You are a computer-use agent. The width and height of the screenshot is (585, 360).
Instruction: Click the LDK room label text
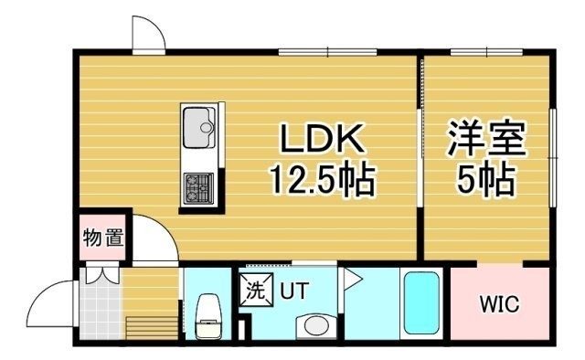click(323, 138)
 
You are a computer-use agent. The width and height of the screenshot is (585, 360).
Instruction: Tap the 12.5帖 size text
click(323, 179)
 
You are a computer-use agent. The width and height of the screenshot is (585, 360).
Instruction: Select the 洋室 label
click(487, 138)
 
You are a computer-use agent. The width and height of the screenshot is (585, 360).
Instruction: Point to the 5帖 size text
click(486, 179)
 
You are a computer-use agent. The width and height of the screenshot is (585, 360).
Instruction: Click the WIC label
click(499, 304)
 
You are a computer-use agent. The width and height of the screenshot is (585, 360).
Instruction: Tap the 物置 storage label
click(103, 237)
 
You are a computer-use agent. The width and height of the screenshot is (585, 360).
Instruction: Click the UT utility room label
click(294, 291)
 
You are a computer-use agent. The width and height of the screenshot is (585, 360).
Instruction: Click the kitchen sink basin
click(199, 128)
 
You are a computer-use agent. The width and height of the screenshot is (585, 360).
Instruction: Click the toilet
click(208, 316)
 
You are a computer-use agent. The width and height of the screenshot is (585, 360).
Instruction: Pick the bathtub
click(421, 303)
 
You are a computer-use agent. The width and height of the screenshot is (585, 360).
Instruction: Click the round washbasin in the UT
click(316, 325)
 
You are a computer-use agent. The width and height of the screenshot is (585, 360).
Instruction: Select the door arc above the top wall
click(156, 26)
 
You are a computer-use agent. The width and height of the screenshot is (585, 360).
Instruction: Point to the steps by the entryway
click(152, 328)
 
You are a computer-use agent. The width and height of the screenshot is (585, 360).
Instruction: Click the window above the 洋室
click(486, 52)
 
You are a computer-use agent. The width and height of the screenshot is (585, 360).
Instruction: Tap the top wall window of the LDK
click(327, 52)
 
